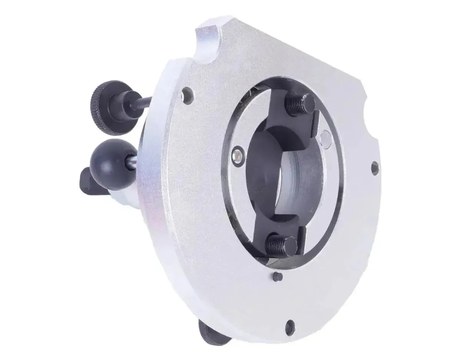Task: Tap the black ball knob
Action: click(x=109, y=164)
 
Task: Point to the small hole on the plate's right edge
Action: click(x=375, y=167)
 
